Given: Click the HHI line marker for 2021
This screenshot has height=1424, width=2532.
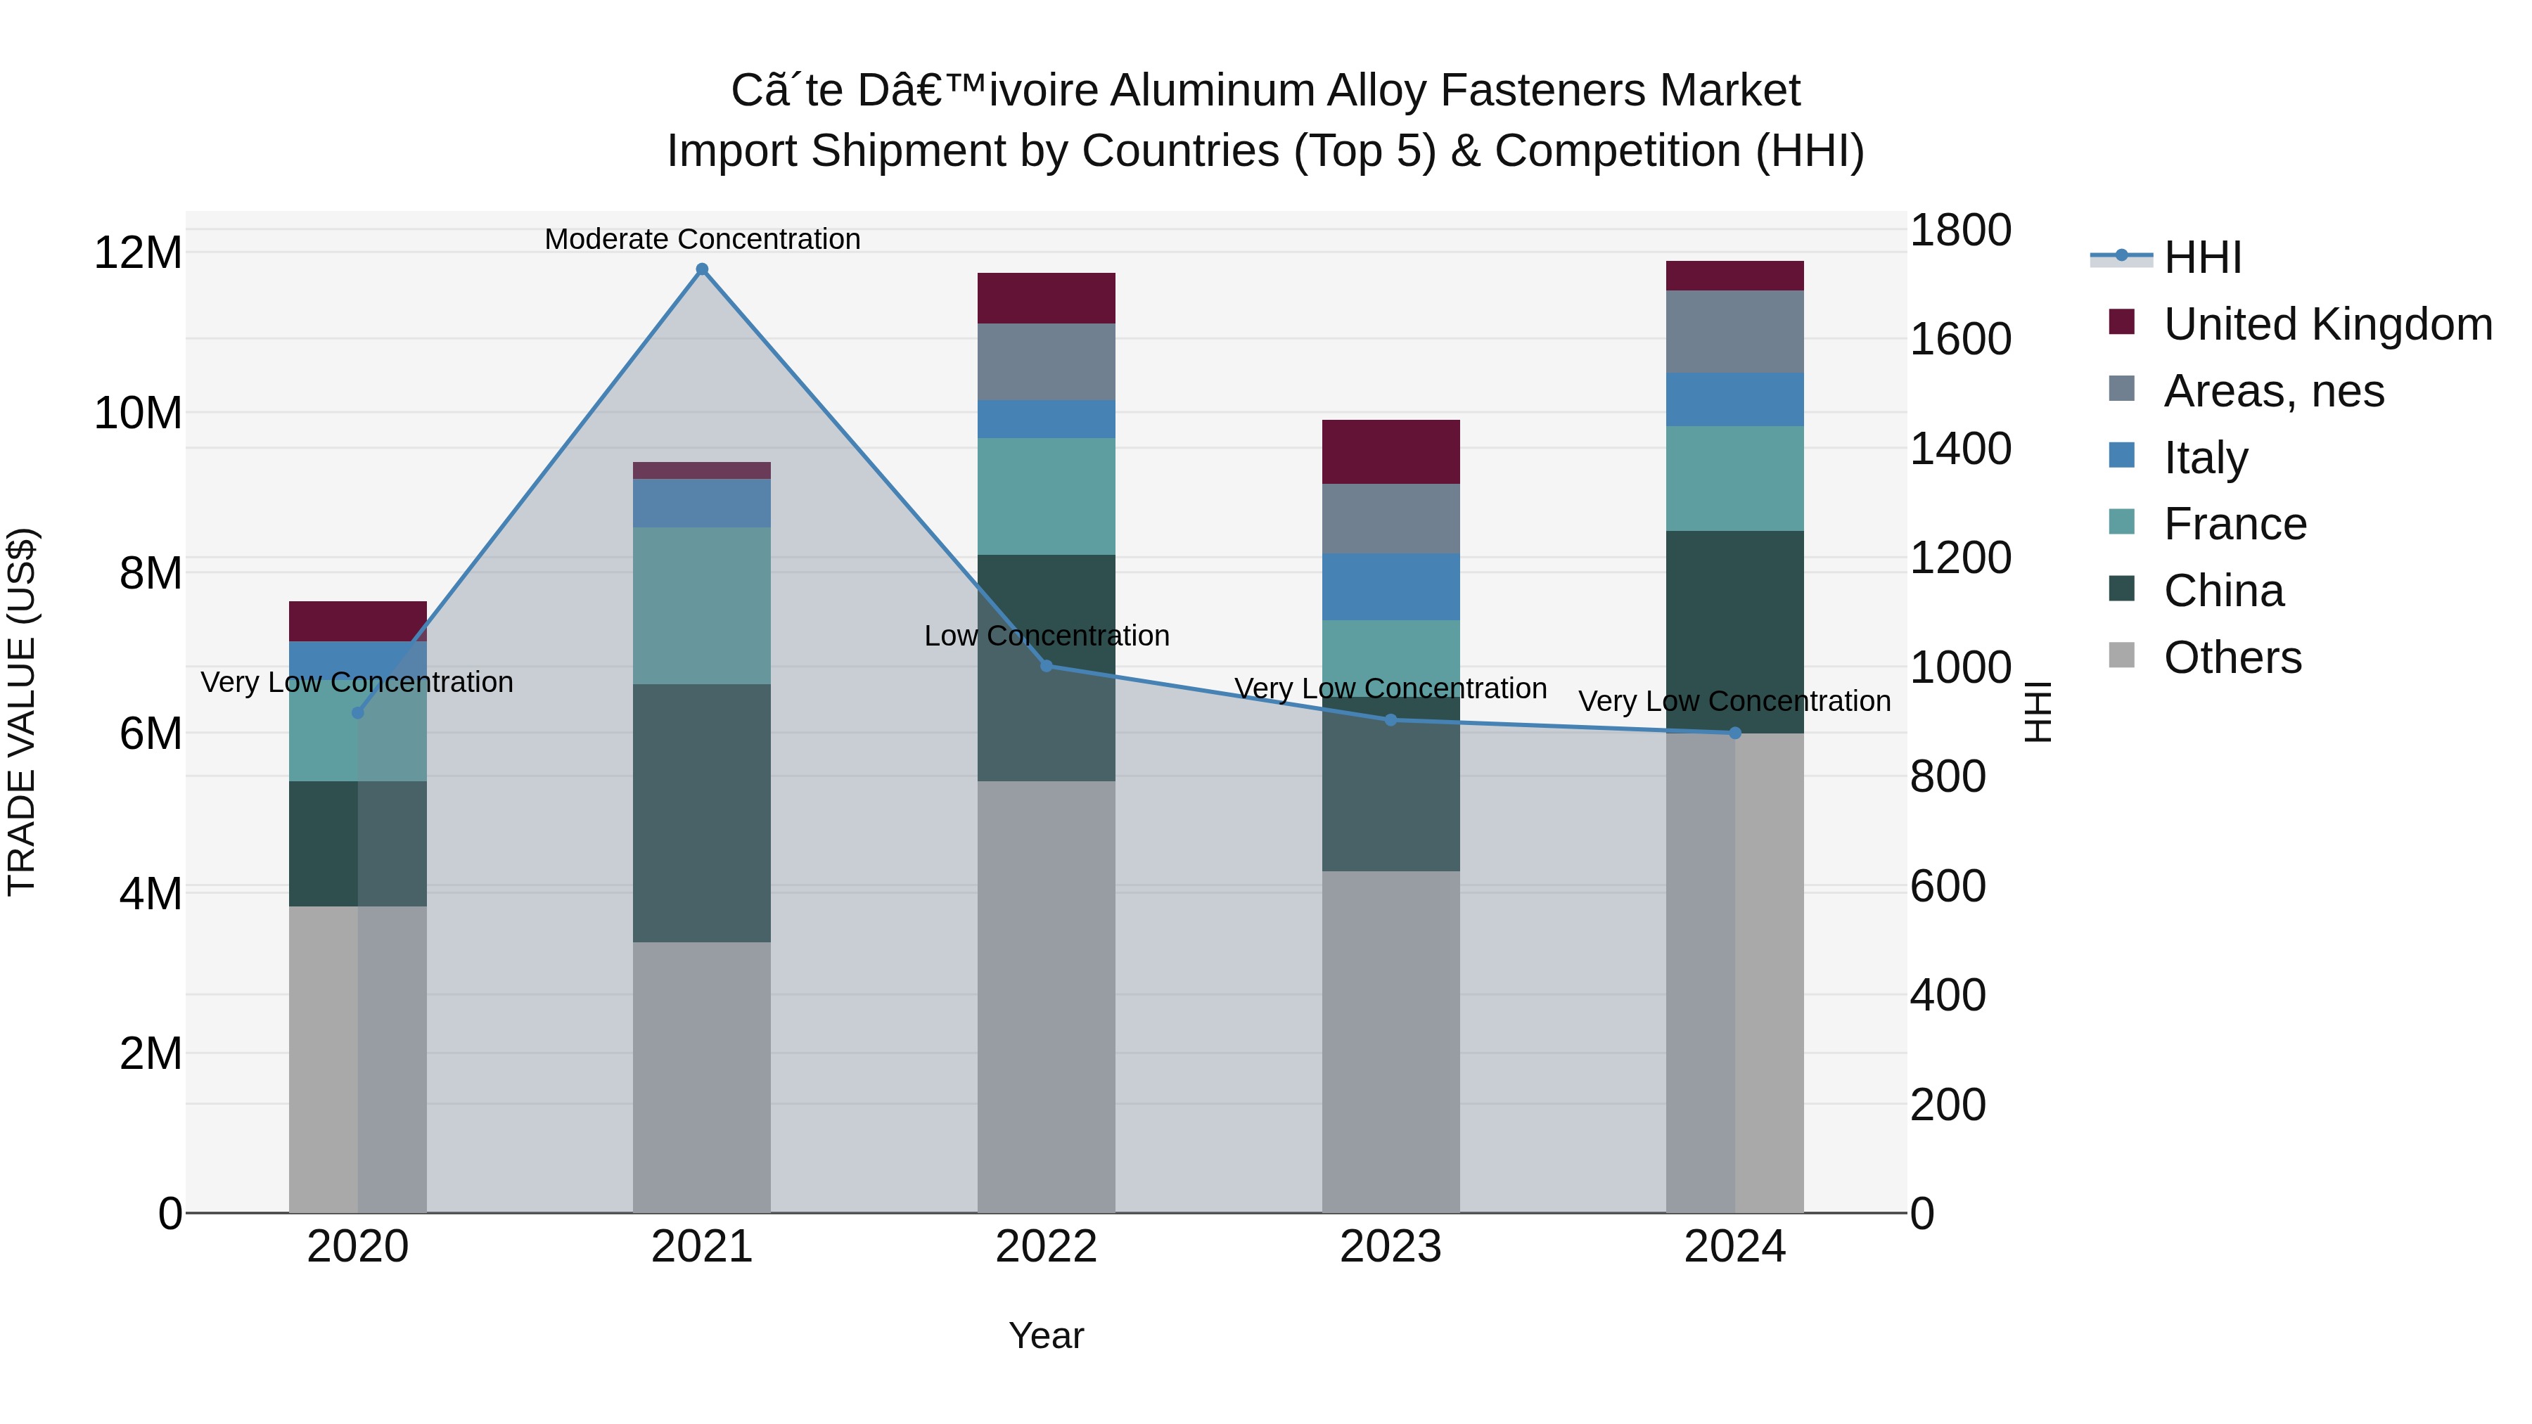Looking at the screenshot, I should pos(702,269).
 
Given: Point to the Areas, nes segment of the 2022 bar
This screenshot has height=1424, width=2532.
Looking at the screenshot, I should pos(1046,361).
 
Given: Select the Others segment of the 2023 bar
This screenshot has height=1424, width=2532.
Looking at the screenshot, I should pos(1390,1041).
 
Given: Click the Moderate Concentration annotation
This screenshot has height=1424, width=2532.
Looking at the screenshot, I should pos(702,239).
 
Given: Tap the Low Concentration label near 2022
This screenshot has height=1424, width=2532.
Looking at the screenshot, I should pos(1046,635).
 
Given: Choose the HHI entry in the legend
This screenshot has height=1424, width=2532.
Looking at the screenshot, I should pos(2201,257).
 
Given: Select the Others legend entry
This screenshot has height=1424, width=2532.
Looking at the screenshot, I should pos(2231,657).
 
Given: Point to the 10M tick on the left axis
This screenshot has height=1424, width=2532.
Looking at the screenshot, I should pos(138,413).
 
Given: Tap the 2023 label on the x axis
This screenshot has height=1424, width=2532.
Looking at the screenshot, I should pos(1390,1246).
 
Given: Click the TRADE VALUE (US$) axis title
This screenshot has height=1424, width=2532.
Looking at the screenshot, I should pos(22,712).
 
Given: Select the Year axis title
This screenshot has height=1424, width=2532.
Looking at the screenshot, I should pos(1046,1335).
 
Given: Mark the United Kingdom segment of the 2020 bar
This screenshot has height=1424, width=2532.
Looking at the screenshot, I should pos(358,621).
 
